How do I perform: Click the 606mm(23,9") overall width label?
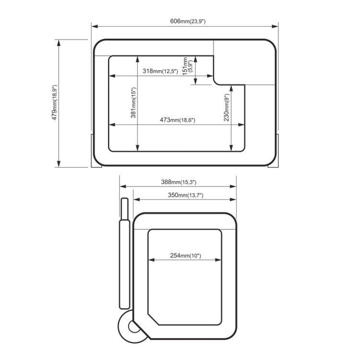point(188,21)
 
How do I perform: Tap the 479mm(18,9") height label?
point(54,102)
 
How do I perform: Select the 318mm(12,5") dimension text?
point(160,71)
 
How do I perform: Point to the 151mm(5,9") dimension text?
point(188,66)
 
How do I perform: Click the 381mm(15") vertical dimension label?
point(133,103)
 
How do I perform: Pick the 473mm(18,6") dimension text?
point(178,120)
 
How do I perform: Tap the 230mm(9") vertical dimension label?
point(227,107)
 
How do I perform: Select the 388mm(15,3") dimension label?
point(179,182)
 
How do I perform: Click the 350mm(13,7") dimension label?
point(185,195)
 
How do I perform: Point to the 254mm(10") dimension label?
point(185,255)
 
